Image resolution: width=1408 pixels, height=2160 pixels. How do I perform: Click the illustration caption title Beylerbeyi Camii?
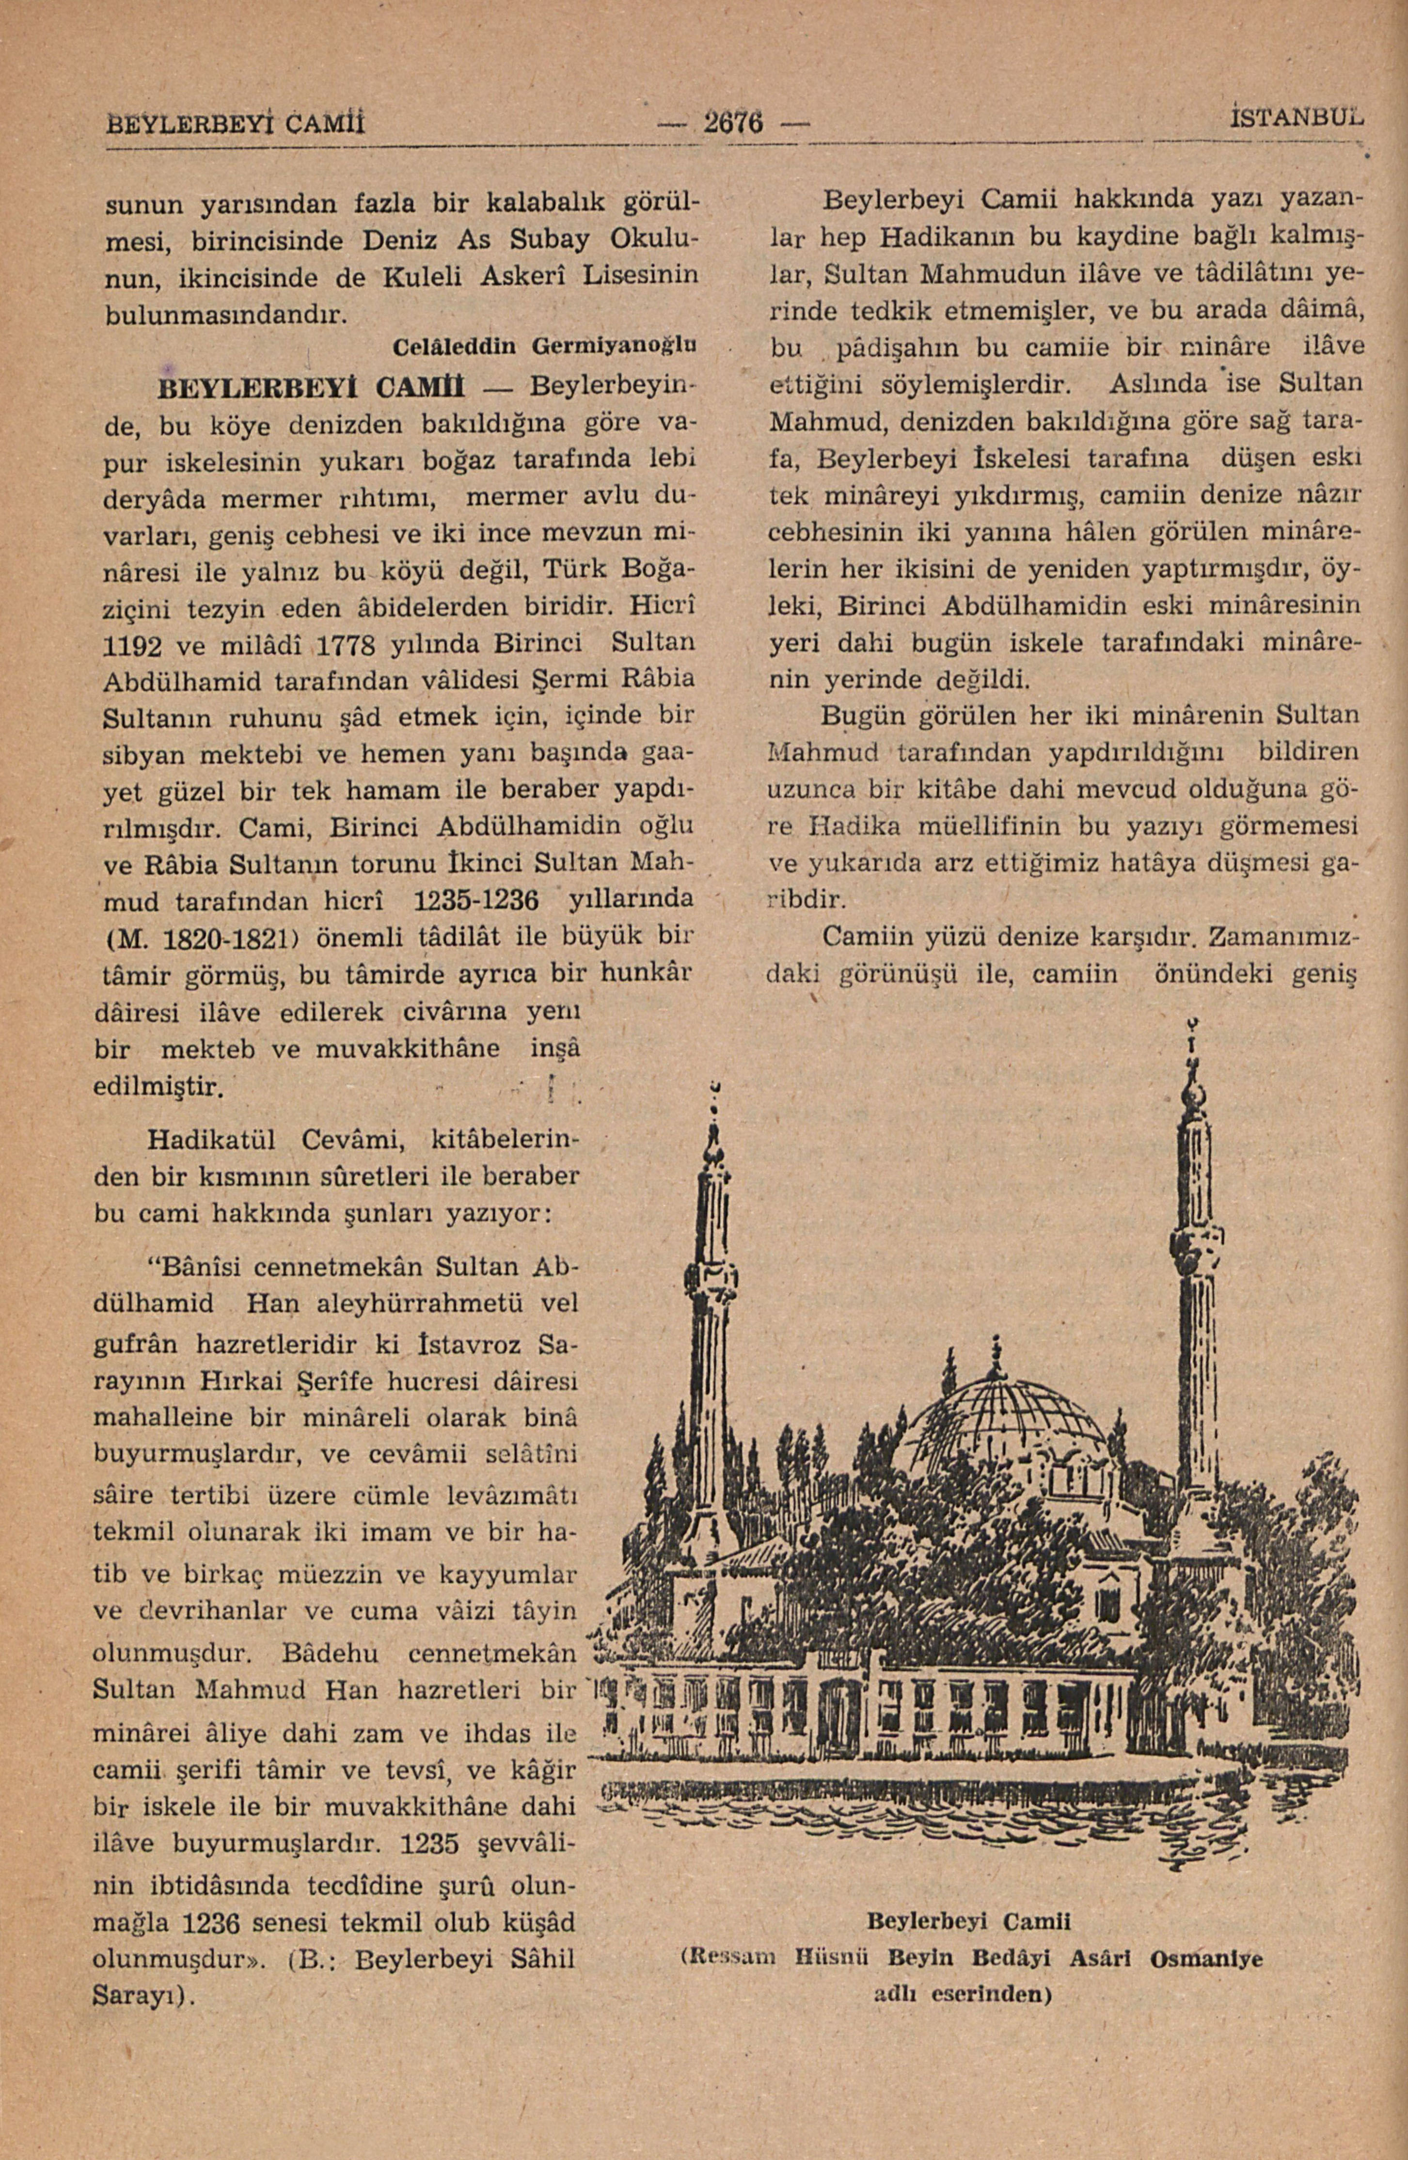pyautogui.click(x=969, y=1922)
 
